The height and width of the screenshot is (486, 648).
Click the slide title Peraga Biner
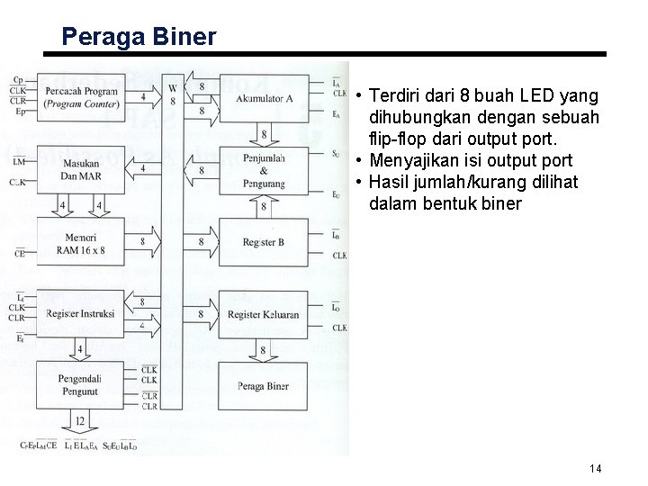pos(139,37)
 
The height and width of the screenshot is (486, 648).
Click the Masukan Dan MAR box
pos(82,169)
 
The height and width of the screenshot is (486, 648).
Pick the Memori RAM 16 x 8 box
pos(82,241)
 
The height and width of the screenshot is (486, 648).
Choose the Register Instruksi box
pos(82,315)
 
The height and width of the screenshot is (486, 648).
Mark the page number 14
pos(595,469)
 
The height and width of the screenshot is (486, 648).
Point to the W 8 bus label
pos(172,95)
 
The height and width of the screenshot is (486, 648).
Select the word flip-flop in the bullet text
pos(400,140)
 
